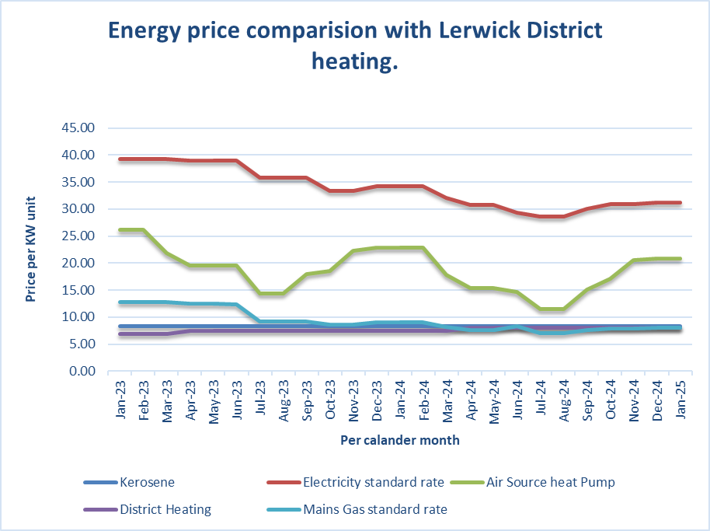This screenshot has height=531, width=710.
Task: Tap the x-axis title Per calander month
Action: coord(400,440)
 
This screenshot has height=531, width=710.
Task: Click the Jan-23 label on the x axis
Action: coord(121,400)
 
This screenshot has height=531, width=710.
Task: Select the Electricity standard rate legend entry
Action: coord(374,482)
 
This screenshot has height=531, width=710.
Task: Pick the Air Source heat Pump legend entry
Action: coord(550,482)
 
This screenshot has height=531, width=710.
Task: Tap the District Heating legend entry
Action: coord(165,510)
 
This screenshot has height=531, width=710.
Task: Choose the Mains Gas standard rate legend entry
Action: coord(375,510)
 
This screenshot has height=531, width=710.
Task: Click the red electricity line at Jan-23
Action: coord(121,159)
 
